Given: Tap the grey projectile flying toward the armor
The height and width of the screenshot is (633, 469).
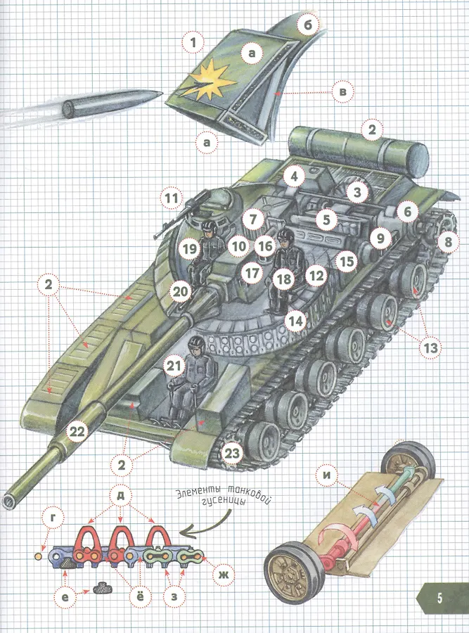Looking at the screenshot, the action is (x=113, y=102).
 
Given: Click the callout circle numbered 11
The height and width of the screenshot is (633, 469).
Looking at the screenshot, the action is (x=172, y=198).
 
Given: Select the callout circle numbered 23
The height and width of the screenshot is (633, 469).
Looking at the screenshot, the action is (x=232, y=454).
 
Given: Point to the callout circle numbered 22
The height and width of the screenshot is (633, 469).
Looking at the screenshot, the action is (x=77, y=432).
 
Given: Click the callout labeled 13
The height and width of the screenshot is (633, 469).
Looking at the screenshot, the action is (x=430, y=347).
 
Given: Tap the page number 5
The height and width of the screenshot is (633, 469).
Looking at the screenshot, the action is (x=439, y=598).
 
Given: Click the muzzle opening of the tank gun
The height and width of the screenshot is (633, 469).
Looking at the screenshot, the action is (x=9, y=501).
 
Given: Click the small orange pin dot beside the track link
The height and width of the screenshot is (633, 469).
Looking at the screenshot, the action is (x=39, y=556).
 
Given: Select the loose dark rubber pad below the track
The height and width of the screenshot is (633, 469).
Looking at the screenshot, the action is (x=103, y=589).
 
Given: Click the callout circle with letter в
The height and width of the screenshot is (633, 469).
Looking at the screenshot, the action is (x=342, y=91).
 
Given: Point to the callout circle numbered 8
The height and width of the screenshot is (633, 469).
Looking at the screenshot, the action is (x=447, y=241).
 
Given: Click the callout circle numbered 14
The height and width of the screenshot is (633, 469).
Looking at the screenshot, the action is (x=296, y=321).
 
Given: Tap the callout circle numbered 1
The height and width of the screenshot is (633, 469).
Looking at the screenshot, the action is (x=193, y=42).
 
